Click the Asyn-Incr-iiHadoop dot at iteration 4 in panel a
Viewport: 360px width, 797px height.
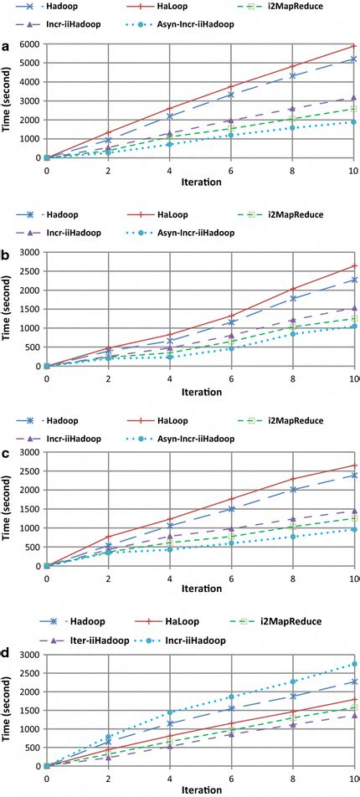tap(169, 144)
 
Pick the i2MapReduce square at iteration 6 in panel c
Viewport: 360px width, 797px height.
tap(230, 537)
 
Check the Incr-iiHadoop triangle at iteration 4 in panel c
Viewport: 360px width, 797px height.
tap(169, 536)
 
